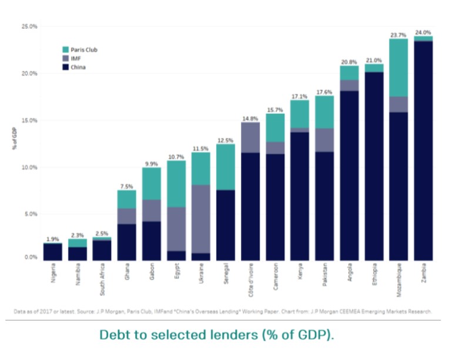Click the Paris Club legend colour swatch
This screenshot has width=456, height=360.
pyautogui.click(x=66, y=50)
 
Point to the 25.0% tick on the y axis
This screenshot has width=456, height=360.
pyautogui.click(x=29, y=26)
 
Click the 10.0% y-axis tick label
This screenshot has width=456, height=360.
pyautogui.click(x=29, y=167)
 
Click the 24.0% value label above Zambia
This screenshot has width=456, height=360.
pyautogui.click(x=423, y=32)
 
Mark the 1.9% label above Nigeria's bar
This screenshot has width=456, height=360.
pyautogui.click(x=52, y=238)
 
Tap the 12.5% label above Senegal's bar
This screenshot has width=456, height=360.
pyautogui.click(x=225, y=140)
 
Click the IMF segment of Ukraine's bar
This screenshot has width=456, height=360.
pyautogui.click(x=200, y=219)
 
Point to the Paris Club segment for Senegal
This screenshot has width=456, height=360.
pyautogui.click(x=225, y=167)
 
